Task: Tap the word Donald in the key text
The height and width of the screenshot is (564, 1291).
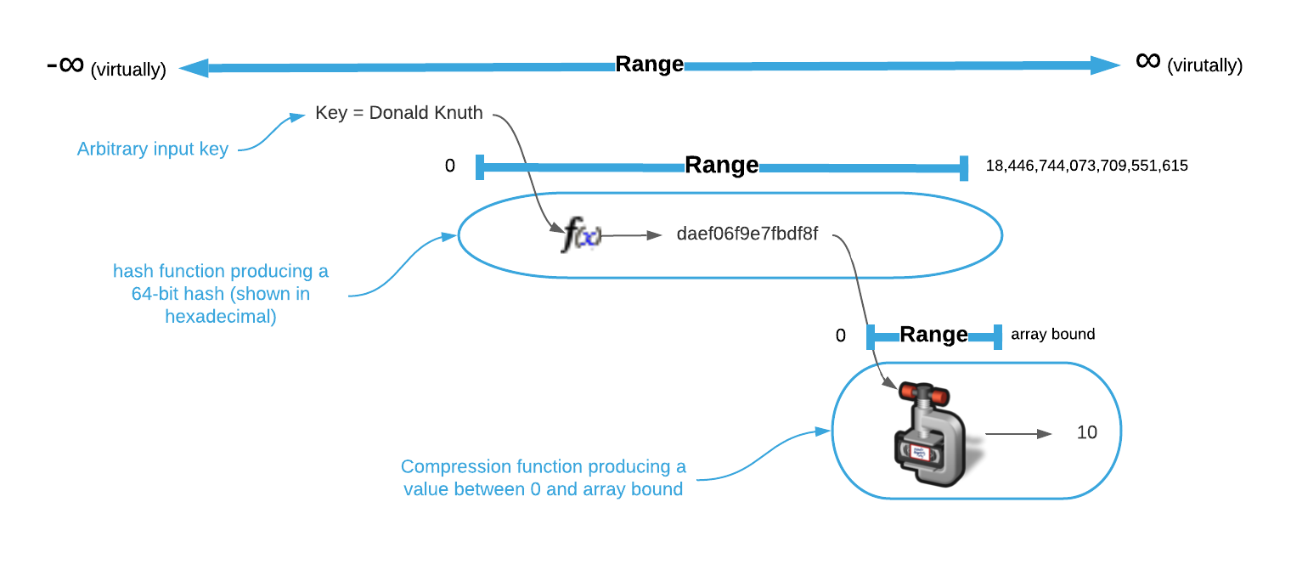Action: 400,113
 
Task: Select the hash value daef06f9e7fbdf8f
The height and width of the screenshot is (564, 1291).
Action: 747,234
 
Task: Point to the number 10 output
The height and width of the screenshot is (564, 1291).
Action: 1086,432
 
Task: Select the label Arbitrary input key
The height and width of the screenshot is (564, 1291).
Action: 153,149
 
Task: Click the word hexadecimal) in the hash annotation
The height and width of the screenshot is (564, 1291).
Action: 221,318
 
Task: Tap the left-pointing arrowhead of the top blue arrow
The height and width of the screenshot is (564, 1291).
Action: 194,68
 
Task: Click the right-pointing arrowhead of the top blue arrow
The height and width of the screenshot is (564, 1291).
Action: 1106,65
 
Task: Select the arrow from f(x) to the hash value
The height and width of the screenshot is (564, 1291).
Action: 631,235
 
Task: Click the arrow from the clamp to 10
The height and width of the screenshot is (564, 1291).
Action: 1018,434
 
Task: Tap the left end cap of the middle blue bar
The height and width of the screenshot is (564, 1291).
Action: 481,167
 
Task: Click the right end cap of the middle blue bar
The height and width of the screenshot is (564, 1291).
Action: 964,167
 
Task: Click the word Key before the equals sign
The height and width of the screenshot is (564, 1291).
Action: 330,113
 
